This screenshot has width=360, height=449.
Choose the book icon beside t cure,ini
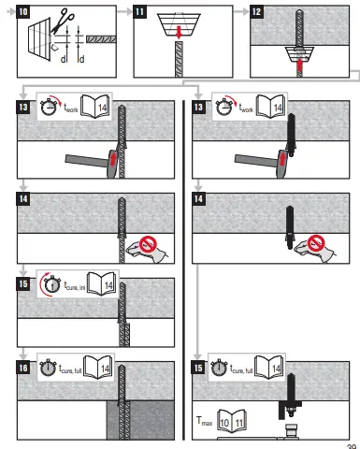click(108, 284)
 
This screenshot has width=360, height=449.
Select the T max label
click(207, 423)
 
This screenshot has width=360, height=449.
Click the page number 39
click(352, 444)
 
